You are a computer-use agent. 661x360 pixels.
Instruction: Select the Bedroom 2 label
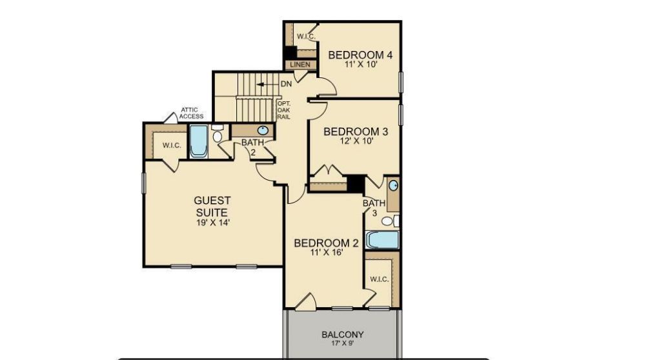click(326, 243)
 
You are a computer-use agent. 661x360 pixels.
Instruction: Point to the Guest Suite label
click(212, 206)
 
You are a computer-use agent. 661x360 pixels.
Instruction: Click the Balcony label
click(342, 335)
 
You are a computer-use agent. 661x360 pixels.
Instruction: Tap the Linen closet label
click(300, 65)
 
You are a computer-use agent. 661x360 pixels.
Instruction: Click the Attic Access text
click(191, 113)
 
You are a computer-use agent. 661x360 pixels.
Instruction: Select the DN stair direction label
click(286, 85)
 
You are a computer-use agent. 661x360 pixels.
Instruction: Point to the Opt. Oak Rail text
click(283, 110)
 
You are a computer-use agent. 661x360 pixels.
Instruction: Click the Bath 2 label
click(250, 147)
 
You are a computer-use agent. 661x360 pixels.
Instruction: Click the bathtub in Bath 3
click(383, 240)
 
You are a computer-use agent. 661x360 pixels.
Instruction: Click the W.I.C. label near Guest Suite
click(172, 146)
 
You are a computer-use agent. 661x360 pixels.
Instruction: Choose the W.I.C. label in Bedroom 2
click(379, 279)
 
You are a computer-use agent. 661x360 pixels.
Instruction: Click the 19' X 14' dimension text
click(212, 223)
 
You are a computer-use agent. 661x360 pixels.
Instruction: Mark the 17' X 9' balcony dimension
click(342, 345)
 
